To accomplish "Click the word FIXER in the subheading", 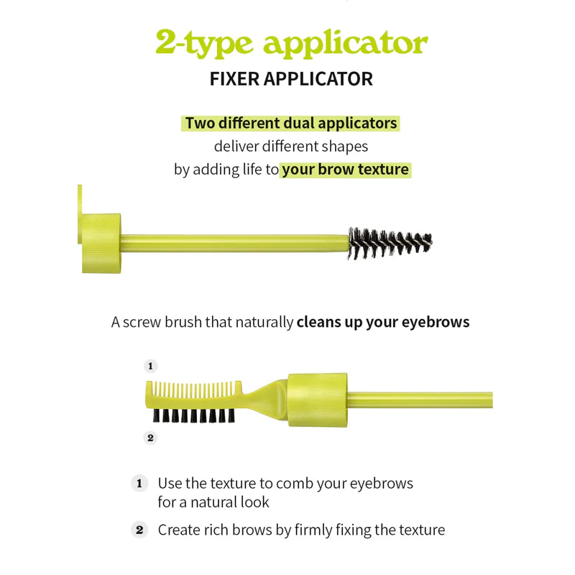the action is pyautogui.click(x=235, y=79).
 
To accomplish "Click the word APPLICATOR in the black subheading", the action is pyautogui.click(x=318, y=79).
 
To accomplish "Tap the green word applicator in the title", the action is pyautogui.click(x=346, y=44).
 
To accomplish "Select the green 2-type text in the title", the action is pyautogui.click(x=204, y=43).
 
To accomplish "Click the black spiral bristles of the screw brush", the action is pyautogui.click(x=390, y=243).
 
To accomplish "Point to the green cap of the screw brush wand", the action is pyautogui.click(x=101, y=243).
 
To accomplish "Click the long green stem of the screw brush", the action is pyautogui.click(x=235, y=243).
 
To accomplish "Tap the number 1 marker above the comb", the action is pyautogui.click(x=150, y=366).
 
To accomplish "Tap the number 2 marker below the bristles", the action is pyautogui.click(x=150, y=438).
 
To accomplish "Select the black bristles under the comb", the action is pyautogui.click(x=193, y=415).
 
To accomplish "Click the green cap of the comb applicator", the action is pyautogui.click(x=317, y=400).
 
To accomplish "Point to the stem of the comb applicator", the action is pyautogui.click(x=420, y=400).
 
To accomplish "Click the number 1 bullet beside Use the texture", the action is pyautogui.click(x=139, y=483).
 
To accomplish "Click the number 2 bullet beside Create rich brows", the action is pyautogui.click(x=139, y=530).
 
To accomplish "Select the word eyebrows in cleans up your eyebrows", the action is pyautogui.click(x=436, y=322).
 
